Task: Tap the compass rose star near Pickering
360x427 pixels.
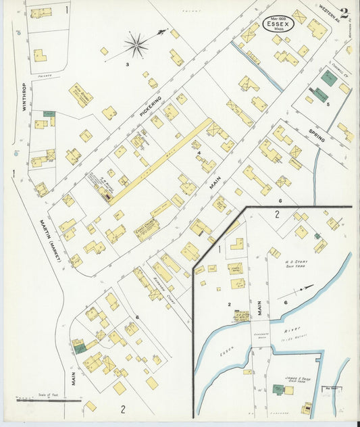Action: point(136,46)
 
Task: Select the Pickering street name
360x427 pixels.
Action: point(151,105)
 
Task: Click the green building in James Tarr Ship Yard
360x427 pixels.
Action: point(278,389)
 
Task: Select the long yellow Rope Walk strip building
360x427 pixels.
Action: point(159,161)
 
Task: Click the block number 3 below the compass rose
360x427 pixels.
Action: point(126,65)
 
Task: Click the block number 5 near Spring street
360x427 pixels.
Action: point(328,105)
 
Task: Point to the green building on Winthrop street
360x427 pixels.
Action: point(49,114)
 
